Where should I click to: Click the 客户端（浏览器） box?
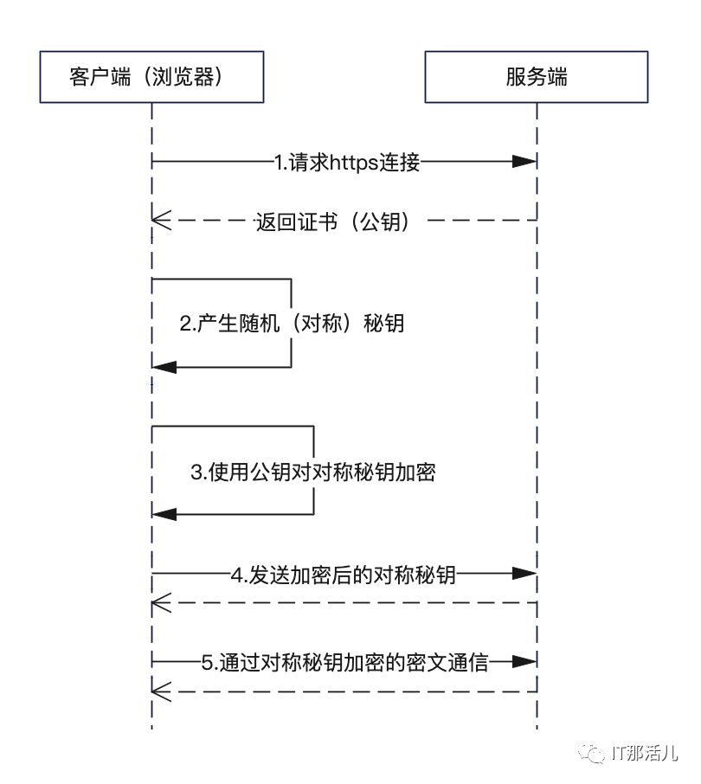tap(151, 77)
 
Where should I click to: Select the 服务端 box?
tap(537, 77)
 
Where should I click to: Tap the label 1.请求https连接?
tap(347, 161)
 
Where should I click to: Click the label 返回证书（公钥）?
tap(344, 222)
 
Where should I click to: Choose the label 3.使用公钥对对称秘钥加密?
tap(312, 472)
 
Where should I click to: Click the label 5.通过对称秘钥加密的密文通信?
tap(345, 663)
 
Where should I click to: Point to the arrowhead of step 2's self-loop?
tap(164, 367)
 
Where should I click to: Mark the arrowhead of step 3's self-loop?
tap(164, 515)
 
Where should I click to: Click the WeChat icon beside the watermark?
tap(594, 754)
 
